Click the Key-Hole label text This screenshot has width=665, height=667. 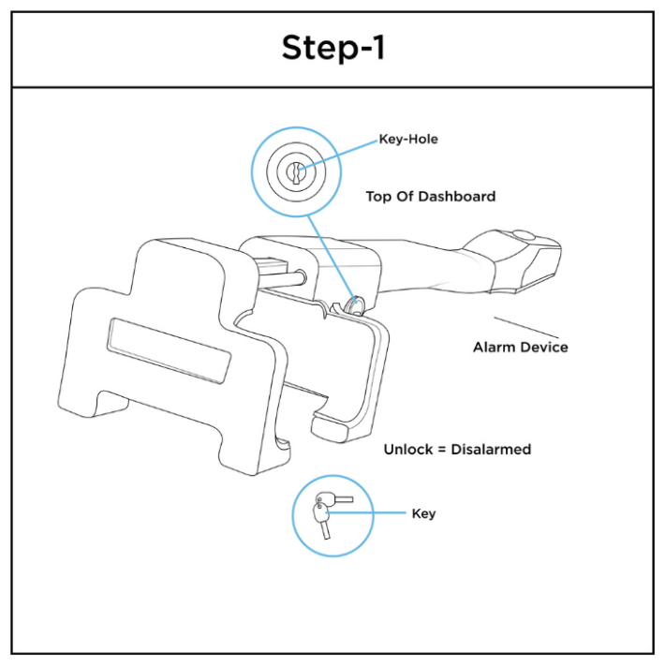[407, 140]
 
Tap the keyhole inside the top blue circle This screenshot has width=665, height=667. [296, 174]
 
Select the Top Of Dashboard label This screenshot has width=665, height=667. [430, 198]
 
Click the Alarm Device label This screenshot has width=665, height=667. [520, 348]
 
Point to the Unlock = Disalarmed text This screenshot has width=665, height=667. [457, 450]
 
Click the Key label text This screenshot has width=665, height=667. [423, 514]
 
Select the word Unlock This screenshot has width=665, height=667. [405, 450]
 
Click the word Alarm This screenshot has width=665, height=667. [494, 348]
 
